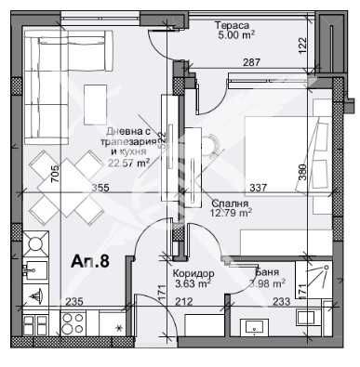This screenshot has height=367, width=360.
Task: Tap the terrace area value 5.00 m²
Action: click(234, 36)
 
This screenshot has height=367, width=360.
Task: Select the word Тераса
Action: click(232, 25)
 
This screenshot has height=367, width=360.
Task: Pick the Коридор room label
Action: click(193, 272)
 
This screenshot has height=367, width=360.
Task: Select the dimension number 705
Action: click(55, 175)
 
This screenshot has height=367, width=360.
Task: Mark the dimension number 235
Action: click(75, 300)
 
